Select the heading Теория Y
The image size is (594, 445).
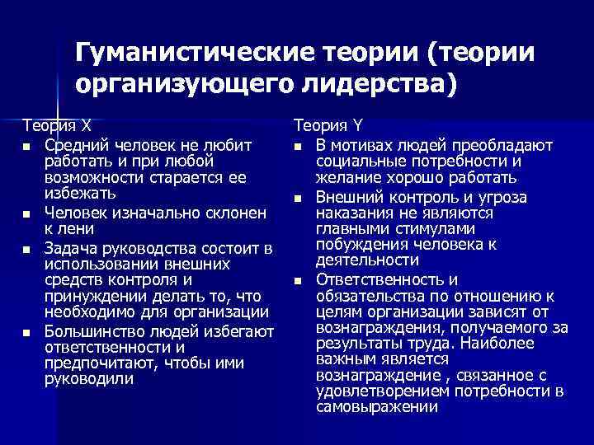pyautogui.click(x=328, y=127)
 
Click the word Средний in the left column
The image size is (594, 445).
pyautogui.click(x=74, y=146)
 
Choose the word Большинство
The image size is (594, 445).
pyautogui.click(x=95, y=330)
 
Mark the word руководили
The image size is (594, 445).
pyautogui.click(x=87, y=379)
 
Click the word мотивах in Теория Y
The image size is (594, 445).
pyautogui.click(x=360, y=146)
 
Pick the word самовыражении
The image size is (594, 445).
pyautogui.click(x=370, y=407)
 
